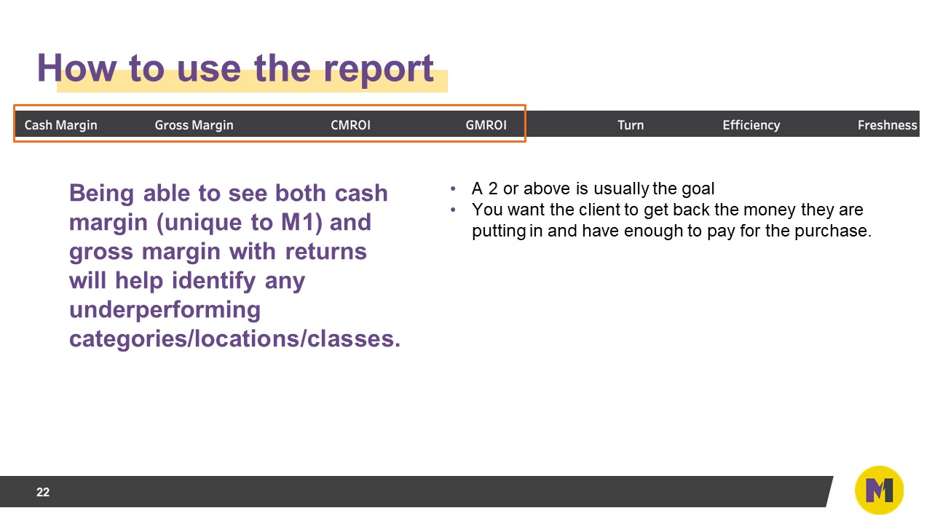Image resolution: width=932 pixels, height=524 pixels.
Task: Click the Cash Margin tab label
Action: tap(60, 125)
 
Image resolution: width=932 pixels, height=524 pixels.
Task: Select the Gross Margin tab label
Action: tap(194, 125)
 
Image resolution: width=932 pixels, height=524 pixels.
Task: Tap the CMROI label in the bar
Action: tap(350, 125)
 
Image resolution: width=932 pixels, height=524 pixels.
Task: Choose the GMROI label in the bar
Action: tap(486, 125)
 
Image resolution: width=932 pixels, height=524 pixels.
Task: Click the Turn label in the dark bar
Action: tap(630, 125)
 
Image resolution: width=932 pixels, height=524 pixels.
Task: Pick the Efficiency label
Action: tap(751, 125)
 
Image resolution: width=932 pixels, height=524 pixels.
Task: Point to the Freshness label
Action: tap(887, 125)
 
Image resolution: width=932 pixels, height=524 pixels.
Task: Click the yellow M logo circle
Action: tap(879, 491)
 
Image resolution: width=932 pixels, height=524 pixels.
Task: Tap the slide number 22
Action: tap(43, 493)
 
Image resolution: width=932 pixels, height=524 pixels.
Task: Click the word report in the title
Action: tap(379, 68)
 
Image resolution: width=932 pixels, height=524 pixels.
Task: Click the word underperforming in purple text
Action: tap(165, 310)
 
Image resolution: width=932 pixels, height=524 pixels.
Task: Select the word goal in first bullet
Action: tap(698, 189)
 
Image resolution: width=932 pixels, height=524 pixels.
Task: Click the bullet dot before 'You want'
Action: tap(453, 210)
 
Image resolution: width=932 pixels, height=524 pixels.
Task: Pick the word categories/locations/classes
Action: tap(234, 339)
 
